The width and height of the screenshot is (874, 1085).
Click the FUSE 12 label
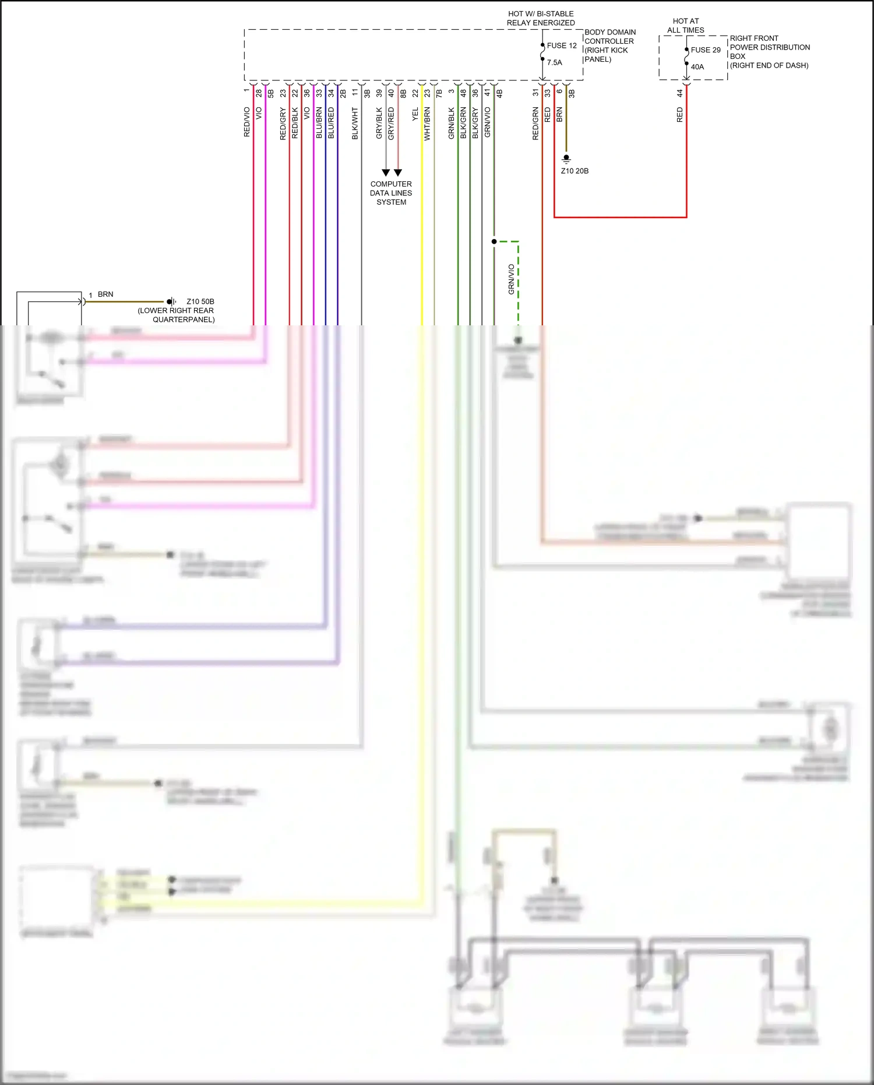point(562,45)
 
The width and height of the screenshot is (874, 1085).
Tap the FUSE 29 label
point(706,50)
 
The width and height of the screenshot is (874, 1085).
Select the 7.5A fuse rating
point(555,62)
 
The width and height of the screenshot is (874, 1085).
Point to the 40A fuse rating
point(697,67)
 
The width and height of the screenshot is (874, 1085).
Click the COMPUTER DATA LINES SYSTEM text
point(391,193)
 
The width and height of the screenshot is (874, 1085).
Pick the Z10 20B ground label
point(575,171)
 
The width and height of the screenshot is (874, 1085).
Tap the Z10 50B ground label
point(200,301)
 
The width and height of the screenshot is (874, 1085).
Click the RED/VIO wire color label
point(247,122)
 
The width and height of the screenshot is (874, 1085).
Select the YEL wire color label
point(415,114)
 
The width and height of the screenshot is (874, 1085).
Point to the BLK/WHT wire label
point(355,124)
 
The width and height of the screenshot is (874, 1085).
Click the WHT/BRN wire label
point(428,124)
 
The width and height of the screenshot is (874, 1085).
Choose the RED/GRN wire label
point(535,124)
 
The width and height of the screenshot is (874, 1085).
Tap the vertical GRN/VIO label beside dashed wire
point(512,279)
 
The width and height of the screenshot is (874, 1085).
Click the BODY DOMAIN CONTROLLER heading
point(610,37)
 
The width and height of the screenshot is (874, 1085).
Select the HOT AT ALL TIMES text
point(686,26)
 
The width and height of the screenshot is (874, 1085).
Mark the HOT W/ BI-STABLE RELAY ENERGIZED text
point(541,18)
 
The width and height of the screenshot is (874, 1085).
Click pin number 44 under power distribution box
point(680,93)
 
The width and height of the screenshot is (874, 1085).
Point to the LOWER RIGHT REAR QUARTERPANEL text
point(176,315)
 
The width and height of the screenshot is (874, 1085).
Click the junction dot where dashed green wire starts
point(494,241)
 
